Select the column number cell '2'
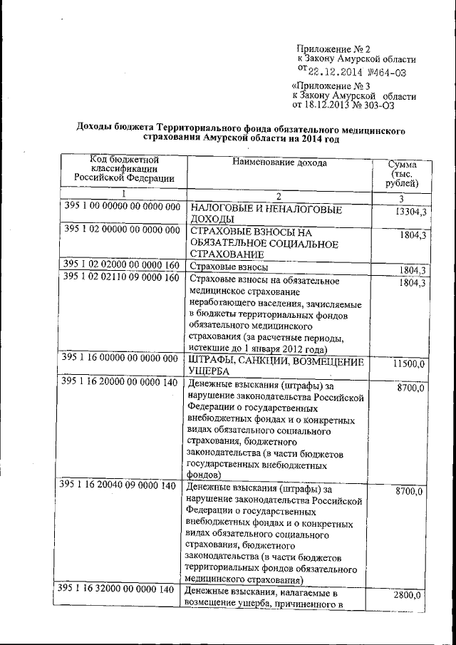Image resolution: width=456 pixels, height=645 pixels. click(x=279, y=196)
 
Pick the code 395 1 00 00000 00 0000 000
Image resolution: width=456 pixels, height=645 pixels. click(x=123, y=207)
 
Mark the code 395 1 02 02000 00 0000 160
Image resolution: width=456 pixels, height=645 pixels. click(x=122, y=267)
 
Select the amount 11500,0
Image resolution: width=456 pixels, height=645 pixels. click(x=409, y=364)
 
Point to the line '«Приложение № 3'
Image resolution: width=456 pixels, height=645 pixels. click(x=333, y=85)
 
